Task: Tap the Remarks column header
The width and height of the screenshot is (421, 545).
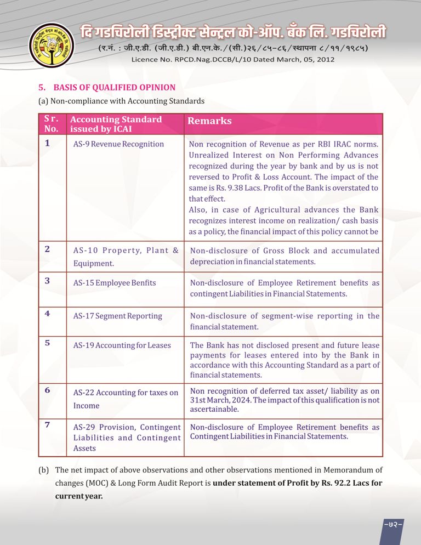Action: (210, 121)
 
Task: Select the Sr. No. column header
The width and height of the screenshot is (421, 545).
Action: (51, 124)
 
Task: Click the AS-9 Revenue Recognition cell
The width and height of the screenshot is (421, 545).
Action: (118, 144)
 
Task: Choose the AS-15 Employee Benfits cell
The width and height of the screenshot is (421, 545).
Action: (115, 283)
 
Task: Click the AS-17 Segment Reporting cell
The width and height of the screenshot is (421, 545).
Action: (118, 316)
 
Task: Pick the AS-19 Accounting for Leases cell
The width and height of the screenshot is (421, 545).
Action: (122, 345)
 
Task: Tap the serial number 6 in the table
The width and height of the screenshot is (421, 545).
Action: (48, 390)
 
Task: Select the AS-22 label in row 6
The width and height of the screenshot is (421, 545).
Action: (84, 393)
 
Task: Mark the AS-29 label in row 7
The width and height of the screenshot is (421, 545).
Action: (84, 427)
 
